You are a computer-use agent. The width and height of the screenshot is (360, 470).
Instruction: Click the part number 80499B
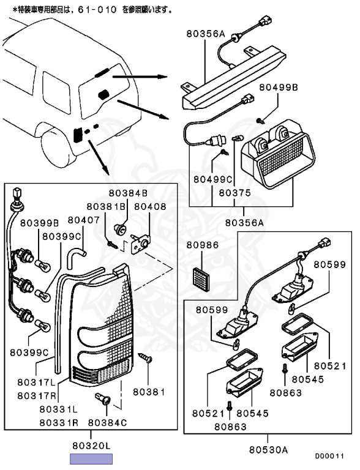[279, 88]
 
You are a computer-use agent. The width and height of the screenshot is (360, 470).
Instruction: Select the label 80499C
[212, 179]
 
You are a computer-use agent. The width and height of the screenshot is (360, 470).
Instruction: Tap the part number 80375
[234, 192]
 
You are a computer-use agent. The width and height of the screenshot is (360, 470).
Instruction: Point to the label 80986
[203, 245]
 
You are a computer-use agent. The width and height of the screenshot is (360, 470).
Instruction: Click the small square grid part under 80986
[201, 279]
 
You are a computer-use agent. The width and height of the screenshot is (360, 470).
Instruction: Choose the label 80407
[83, 220]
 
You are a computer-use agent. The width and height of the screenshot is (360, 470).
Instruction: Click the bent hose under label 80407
[76, 256]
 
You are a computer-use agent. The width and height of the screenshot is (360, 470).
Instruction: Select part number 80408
[150, 206]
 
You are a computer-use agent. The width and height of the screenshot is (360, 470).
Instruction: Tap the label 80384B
[128, 193]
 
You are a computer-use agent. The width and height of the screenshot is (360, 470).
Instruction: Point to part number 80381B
[106, 206]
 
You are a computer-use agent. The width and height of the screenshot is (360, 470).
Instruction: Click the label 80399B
[40, 223]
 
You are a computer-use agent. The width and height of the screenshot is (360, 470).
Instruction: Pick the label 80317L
[36, 382]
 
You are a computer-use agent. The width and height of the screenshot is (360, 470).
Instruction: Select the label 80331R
[59, 423]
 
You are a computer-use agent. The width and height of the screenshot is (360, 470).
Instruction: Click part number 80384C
[107, 423]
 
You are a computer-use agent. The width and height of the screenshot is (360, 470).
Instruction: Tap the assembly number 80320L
[91, 446]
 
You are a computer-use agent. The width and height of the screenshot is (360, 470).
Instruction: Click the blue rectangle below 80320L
[91, 459]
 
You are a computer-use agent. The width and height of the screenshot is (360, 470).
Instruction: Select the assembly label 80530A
[269, 450]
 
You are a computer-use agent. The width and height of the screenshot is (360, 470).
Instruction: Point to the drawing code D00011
[329, 456]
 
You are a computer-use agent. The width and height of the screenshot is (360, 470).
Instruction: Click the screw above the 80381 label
[146, 358]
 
